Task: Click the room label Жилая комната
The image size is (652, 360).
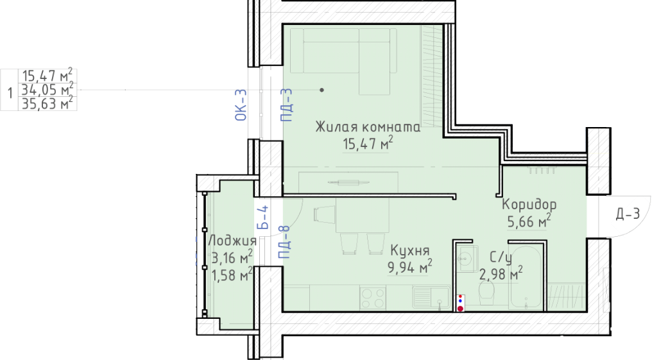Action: coord(368,127)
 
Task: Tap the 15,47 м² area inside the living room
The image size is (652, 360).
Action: coord(368,143)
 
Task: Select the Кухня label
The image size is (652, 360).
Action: coord(409,251)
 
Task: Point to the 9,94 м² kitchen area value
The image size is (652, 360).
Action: coord(409,267)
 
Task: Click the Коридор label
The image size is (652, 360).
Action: coord(529,205)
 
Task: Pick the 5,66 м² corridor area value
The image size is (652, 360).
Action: coord(529,221)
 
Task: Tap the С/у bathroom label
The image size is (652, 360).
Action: coord(500,258)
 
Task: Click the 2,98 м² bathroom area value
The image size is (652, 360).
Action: coord(501,274)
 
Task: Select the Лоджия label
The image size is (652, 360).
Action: coord(232,241)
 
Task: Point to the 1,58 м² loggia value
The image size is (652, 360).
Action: coord(232,275)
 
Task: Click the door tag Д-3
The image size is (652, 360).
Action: coord(628,214)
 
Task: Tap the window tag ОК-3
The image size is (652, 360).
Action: coord(241,105)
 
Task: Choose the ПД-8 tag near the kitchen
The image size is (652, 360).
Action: coord(284,242)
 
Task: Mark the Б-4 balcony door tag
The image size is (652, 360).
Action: coord(262,218)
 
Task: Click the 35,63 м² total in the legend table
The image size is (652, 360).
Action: coord(47,103)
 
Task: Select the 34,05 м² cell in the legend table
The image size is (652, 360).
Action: coord(47,89)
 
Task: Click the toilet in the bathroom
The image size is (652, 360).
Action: coord(486,293)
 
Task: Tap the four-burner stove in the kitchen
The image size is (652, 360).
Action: coord(373,298)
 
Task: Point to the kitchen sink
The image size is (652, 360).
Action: coord(431,297)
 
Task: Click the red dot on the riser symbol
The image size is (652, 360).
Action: coord(460,309)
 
